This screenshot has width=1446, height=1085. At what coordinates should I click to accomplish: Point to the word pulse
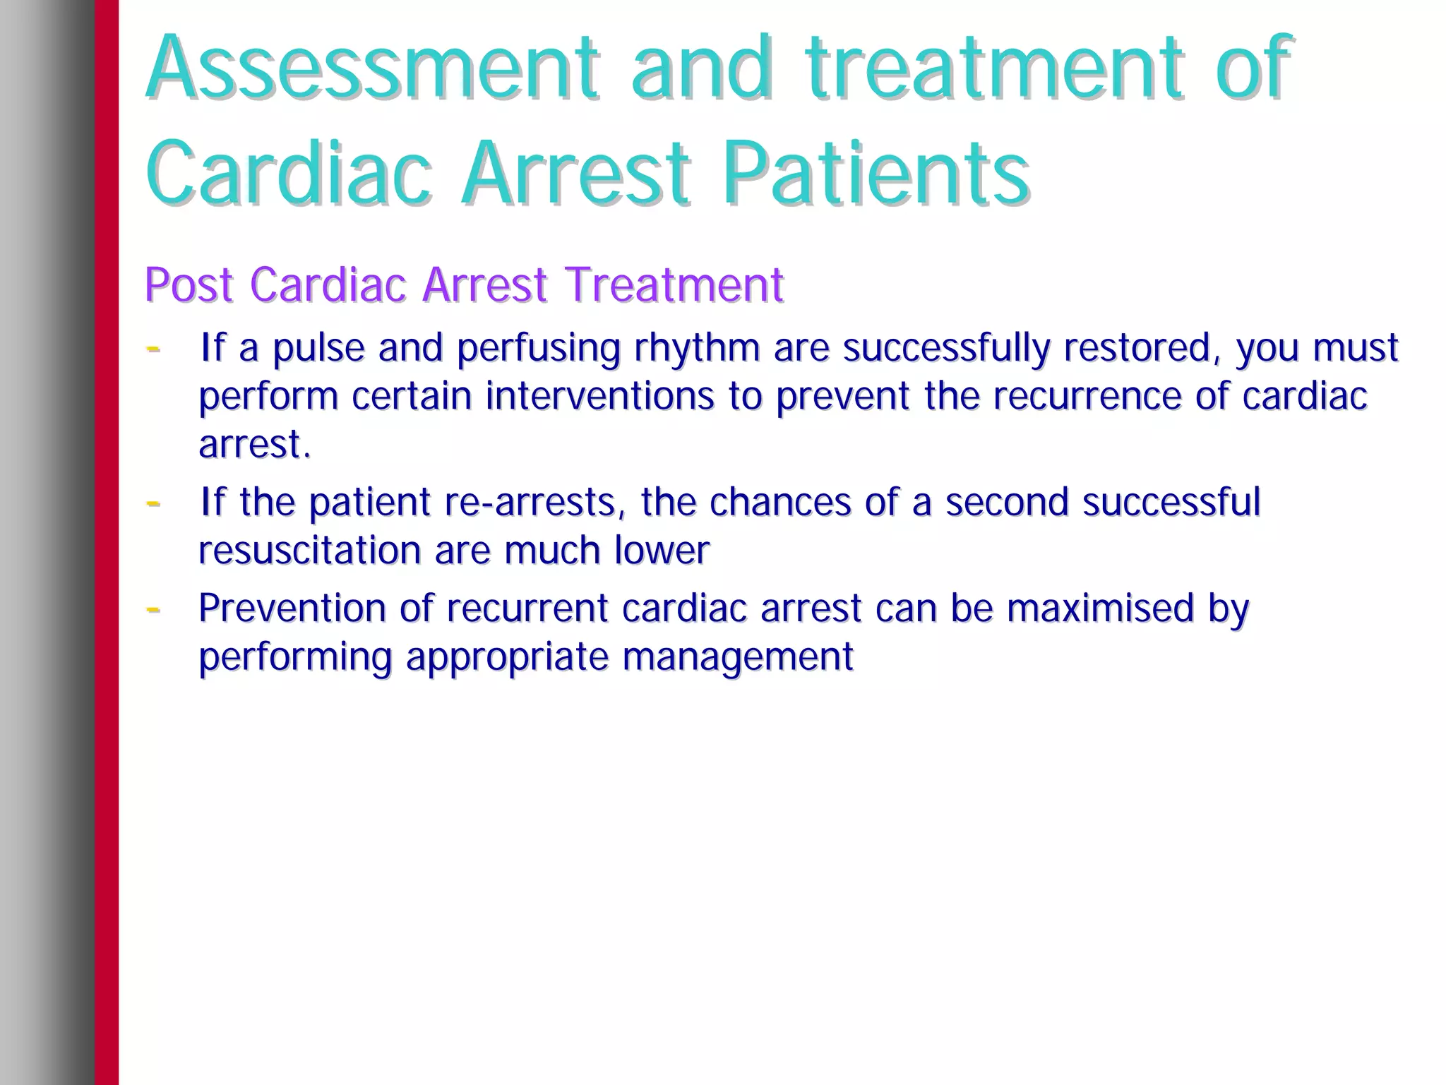tap(318, 348)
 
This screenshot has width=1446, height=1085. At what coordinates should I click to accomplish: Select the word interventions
tap(599, 395)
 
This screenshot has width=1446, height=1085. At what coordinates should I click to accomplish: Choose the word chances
tap(780, 502)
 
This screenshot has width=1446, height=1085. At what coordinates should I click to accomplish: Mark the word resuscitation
tap(309, 551)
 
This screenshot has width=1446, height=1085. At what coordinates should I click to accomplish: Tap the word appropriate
tap(507, 657)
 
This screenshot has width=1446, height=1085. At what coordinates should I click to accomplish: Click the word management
tap(738, 657)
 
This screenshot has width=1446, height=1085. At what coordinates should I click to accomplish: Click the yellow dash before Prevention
tap(153, 609)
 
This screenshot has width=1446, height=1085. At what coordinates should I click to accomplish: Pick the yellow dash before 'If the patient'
tap(153, 503)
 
